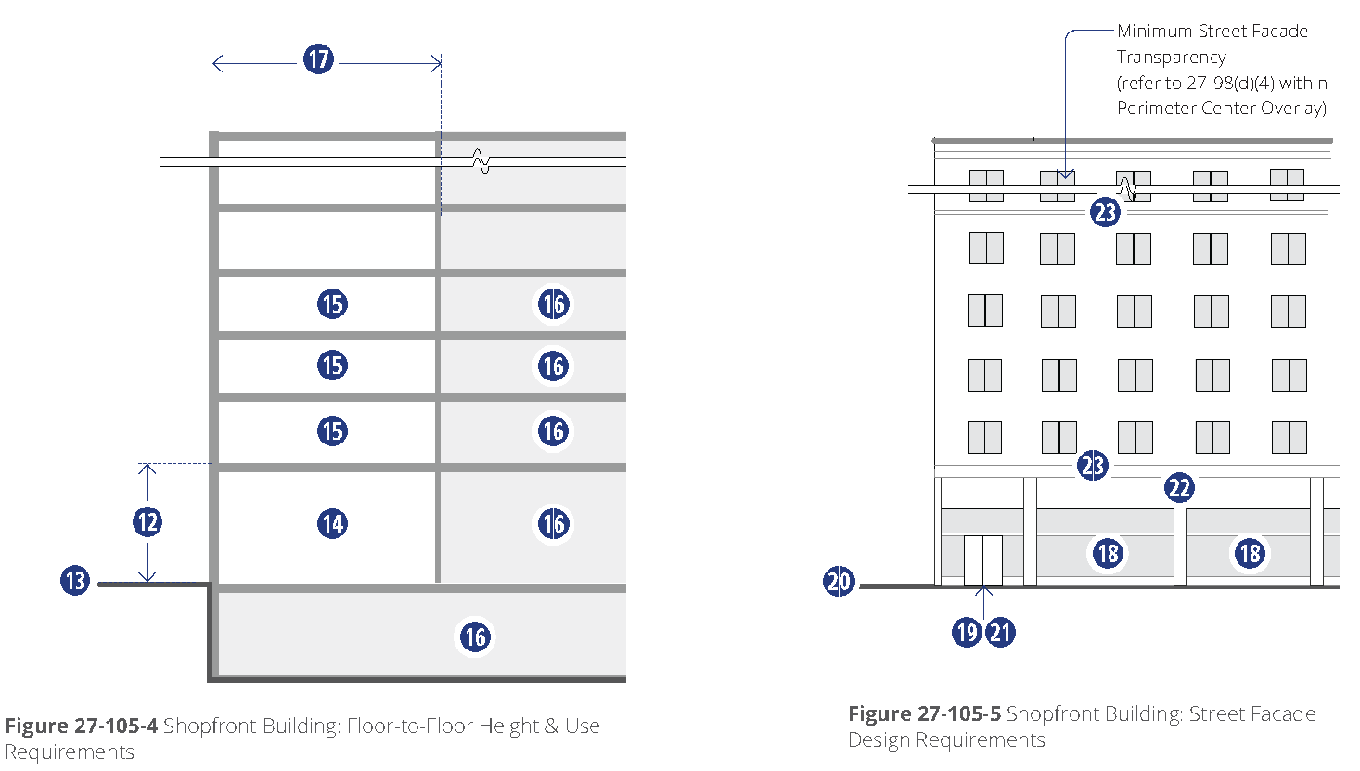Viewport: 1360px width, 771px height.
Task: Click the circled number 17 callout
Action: pyautogui.click(x=318, y=60)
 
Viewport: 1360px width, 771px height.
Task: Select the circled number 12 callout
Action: pyautogui.click(x=148, y=521)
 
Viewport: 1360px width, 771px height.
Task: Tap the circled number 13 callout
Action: pyautogui.click(x=75, y=582)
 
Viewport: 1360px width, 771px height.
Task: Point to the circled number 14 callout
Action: pyautogui.click(x=332, y=524)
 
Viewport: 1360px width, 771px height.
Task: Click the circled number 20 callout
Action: pyautogui.click(x=839, y=582)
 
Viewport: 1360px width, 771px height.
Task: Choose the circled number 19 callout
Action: pyautogui.click(x=967, y=633)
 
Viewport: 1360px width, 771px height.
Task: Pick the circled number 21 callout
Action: pyautogui.click(x=1000, y=633)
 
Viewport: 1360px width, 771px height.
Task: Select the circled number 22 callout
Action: pyautogui.click(x=1179, y=488)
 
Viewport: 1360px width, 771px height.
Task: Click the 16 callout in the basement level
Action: pyautogui.click(x=475, y=636)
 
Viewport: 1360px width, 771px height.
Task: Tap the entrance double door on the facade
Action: pyautogui.click(x=982, y=560)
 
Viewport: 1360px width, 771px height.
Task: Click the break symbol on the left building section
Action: pyautogui.click(x=481, y=162)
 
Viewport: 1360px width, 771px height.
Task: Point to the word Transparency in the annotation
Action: pyautogui.click(x=1171, y=57)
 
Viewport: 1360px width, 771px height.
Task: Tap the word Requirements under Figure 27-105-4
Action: pyautogui.click(x=70, y=752)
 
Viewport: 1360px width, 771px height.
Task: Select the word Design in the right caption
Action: pyautogui.click(x=877, y=739)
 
